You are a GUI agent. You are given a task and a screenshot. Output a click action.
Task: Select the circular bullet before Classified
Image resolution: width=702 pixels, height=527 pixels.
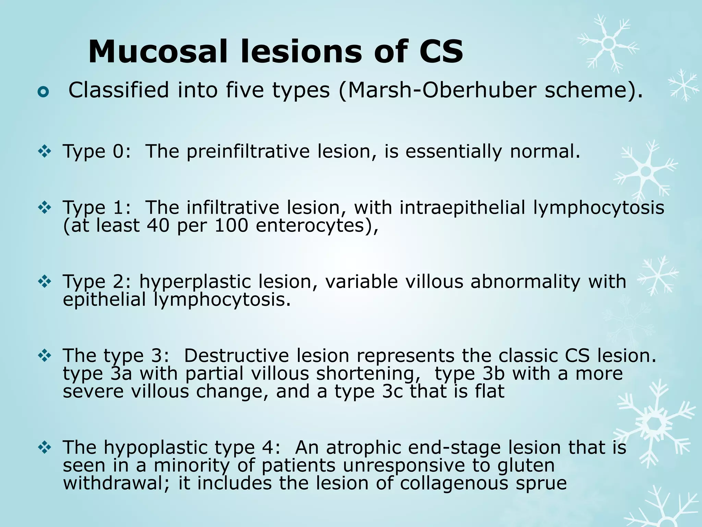[x=44, y=92]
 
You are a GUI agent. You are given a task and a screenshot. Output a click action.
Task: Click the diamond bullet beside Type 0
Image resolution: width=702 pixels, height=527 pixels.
[x=45, y=151]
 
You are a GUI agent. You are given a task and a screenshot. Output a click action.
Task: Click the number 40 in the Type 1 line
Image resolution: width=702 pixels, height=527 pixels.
[x=158, y=225]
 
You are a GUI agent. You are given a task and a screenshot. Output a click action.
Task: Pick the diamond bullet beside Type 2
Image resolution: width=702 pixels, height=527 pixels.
[x=45, y=282]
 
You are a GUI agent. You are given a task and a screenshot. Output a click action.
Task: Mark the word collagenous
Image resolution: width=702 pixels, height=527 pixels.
[x=454, y=483]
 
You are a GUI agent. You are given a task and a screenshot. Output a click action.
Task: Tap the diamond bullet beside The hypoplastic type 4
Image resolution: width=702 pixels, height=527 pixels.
[x=45, y=447]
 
